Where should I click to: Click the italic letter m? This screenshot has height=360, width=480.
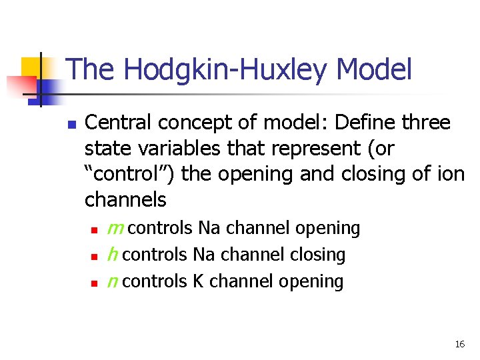coord(116,229)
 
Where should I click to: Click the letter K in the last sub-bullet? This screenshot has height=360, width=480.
coord(198,281)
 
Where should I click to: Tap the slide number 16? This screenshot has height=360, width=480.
coord(459,345)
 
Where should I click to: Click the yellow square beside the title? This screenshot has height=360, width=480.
coord(32,69)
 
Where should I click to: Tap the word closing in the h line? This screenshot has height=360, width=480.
coord(317,255)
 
